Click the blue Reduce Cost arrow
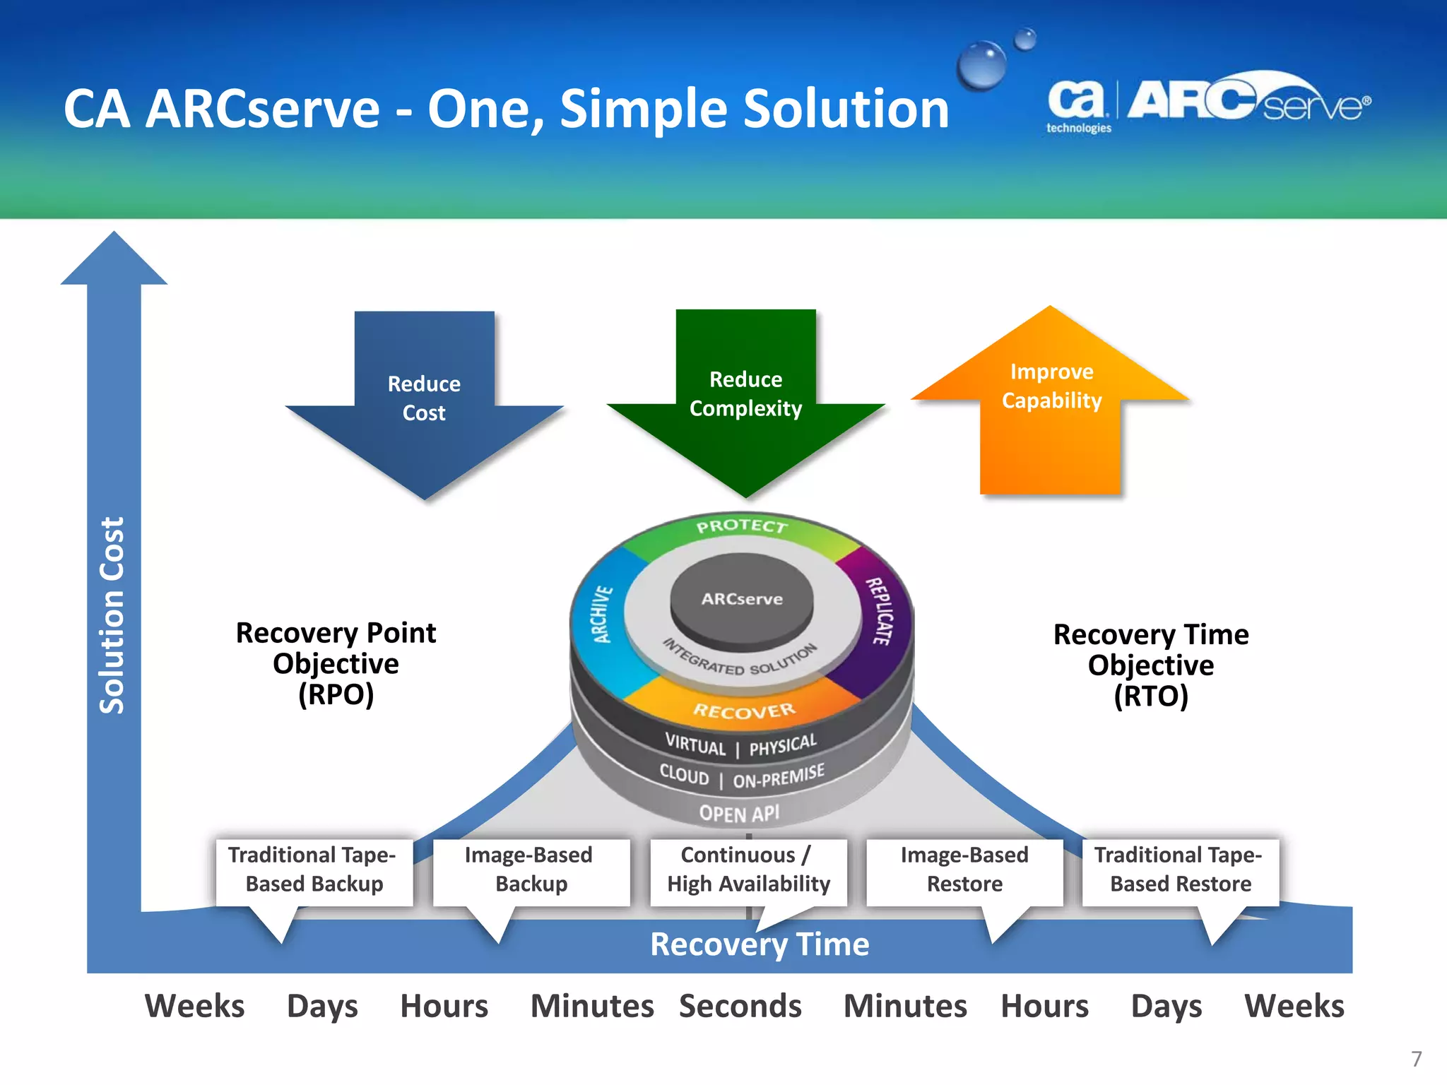[x=424, y=403]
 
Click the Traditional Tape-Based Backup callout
[x=314, y=870]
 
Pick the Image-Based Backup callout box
[x=531, y=870]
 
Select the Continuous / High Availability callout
[x=748, y=870]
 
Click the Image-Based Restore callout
[x=964, y=870]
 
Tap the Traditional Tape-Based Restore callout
[x=1180, y=870]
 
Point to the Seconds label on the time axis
[x=740, y=1006]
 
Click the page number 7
[x=1416, y=1059]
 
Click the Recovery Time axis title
[x=759, y=945]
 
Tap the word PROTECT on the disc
[x=741, y=526]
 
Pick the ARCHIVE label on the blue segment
[x=601, y=614]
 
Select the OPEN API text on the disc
[x=739, y=813]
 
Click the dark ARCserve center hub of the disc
[x=742, y=599]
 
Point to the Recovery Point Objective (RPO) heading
[x=336, y=663]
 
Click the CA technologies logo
[x=1077, y=106]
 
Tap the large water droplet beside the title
[x=981, y=65]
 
